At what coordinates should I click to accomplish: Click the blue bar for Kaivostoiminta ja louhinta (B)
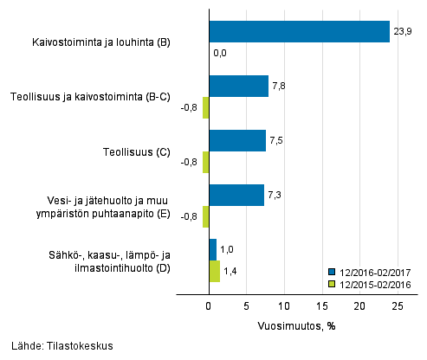(x=299, y=32)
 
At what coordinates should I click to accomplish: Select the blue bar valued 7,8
(x=238, y=86)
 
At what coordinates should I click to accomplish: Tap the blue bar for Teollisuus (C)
(x=237, y=140)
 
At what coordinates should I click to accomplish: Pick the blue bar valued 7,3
(x=236, y=195)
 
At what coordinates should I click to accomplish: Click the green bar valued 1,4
(x=214, y=271)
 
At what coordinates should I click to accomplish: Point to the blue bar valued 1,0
(x=212, y=249)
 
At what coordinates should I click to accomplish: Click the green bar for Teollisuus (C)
(x=205, y=162)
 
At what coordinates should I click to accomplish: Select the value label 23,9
(x=403, y=32)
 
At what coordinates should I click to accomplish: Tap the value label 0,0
(x=220, y=54)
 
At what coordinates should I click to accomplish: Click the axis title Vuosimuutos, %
(x=296, y=326)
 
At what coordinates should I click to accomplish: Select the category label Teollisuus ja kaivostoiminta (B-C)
(x=88, y=97)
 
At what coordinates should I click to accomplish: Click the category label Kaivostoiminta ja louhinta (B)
(x=101, y=42)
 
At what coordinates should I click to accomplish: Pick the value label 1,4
(x=231, y=271)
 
